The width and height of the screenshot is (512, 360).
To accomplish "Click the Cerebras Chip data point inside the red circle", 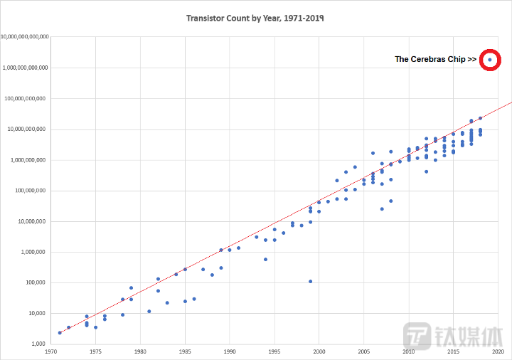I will (489, 60).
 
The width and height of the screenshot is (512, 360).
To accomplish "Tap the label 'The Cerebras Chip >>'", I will (435, 60).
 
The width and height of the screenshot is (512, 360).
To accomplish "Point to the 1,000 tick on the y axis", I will (40, 344).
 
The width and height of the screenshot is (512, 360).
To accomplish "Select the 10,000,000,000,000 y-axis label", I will (25, 37).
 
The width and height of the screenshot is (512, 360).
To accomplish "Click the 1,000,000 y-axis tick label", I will (33, 252).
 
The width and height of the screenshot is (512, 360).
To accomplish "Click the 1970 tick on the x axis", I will (50, 351).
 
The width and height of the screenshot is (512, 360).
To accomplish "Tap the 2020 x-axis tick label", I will (498, 351).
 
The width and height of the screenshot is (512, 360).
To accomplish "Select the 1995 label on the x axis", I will (274, 351).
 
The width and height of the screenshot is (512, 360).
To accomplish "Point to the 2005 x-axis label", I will (364, 351).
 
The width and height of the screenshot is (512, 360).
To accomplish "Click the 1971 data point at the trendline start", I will (60, 332).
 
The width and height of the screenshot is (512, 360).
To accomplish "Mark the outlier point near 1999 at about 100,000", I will (310, 281).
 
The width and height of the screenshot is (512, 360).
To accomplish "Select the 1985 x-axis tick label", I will (185, 351).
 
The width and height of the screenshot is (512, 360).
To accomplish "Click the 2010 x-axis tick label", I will (409, 351).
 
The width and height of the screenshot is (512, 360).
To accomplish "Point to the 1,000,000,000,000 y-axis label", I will (26, 68).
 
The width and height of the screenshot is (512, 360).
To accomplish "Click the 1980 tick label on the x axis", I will (140, 351).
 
